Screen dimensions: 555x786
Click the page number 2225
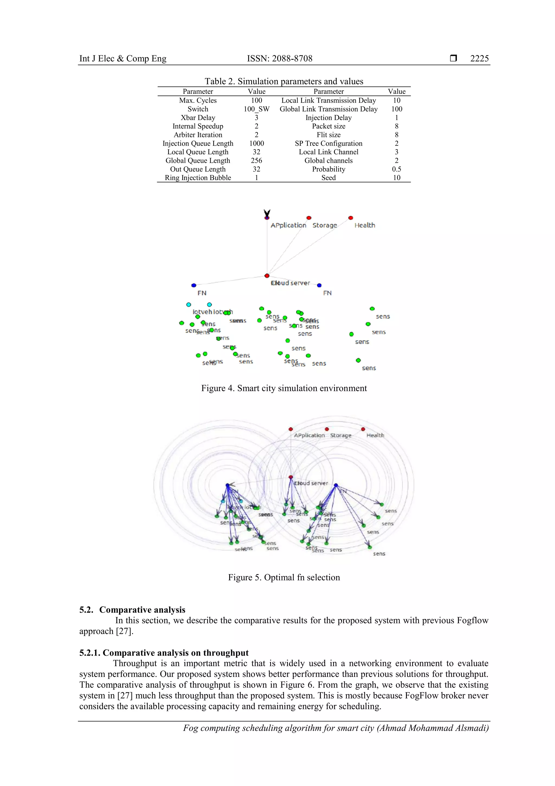pyautogui.click(x=479, y=59)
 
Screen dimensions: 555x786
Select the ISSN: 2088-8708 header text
pyautogui.click(x=279, y=59)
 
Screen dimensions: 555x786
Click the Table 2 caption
pyautogui.click(x=284, y=81)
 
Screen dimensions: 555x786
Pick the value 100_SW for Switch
pyautogui.click(x=256, y=109)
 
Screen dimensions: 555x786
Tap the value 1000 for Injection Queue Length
pyautogui.click(x=256, y=144)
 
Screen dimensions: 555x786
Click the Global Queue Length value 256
pyautogui.click(x=256, y=161)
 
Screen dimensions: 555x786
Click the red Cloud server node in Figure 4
pyautogui.click(x=267, y=276)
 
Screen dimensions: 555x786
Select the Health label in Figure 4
pyautogui.click(x=364, y=225)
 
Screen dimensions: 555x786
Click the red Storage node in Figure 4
pyautogui.click(x=309, y=218)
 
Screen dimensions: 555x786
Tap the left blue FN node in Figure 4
pyautogui.click(x=193, y=285)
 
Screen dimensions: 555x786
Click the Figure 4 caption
pyautogui.click(x=284, y=388)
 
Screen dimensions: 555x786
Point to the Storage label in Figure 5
pyautogui.click(x=341, y=435)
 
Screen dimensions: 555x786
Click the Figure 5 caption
pyautogui.click(x=284, y=578)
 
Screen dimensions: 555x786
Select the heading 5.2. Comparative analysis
pyautogui.click(x=132, y=610)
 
